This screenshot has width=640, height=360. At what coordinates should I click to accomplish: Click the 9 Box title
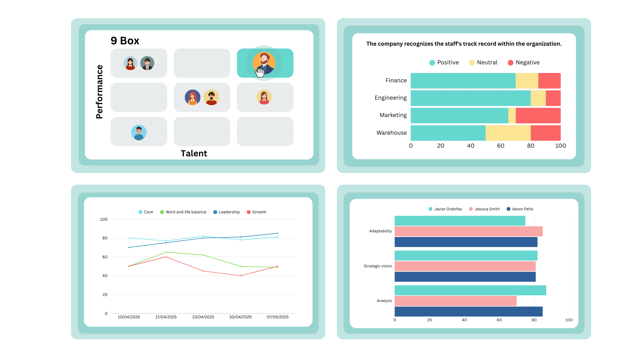point(125,41)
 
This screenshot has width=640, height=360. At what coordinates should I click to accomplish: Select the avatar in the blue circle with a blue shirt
point(139,133)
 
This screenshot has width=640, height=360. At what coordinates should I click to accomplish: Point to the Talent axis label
point(194,153)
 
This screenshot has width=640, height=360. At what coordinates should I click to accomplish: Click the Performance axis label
point(99,92)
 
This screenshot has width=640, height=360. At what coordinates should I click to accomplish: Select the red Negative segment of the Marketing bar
point(538,115)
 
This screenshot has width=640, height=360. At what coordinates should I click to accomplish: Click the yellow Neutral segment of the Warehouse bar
point(508,133)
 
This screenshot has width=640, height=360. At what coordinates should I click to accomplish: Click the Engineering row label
point(390,98)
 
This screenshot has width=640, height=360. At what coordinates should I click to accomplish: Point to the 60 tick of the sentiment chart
point(501,146)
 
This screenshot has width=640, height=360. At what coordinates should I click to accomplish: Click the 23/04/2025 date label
point(203,317)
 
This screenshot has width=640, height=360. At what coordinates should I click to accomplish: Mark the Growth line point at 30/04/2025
point(240,276)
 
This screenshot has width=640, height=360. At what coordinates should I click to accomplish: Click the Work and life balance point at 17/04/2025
point(166,252)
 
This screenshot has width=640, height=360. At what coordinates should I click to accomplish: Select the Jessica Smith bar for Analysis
point(455,301)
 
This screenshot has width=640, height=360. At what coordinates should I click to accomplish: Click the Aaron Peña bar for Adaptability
point(466,242)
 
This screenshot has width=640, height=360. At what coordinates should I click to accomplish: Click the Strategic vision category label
point(378,266)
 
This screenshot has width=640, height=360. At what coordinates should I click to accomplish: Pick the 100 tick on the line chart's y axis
point(104,219)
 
